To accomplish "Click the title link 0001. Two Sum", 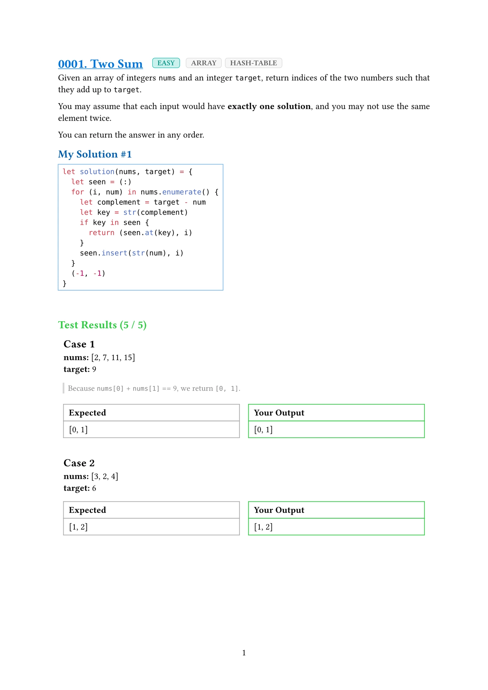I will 100,64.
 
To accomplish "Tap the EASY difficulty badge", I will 166,63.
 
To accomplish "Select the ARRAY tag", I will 203,63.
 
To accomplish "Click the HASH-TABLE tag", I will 253,63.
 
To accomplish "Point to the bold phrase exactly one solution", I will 269,106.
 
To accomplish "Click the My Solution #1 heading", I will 95,154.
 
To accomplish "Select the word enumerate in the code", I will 181,192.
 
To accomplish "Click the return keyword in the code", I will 101,233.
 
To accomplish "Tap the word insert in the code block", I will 114,253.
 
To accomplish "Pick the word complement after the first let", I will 119,202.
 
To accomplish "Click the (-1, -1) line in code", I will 88,273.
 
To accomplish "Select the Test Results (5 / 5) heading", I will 102,325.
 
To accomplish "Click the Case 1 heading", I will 79,344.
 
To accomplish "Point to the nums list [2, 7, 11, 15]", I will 113,358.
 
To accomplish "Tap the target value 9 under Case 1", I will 94,369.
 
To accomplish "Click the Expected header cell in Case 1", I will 87,413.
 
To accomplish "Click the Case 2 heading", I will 79,463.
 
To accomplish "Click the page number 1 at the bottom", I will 244,653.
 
